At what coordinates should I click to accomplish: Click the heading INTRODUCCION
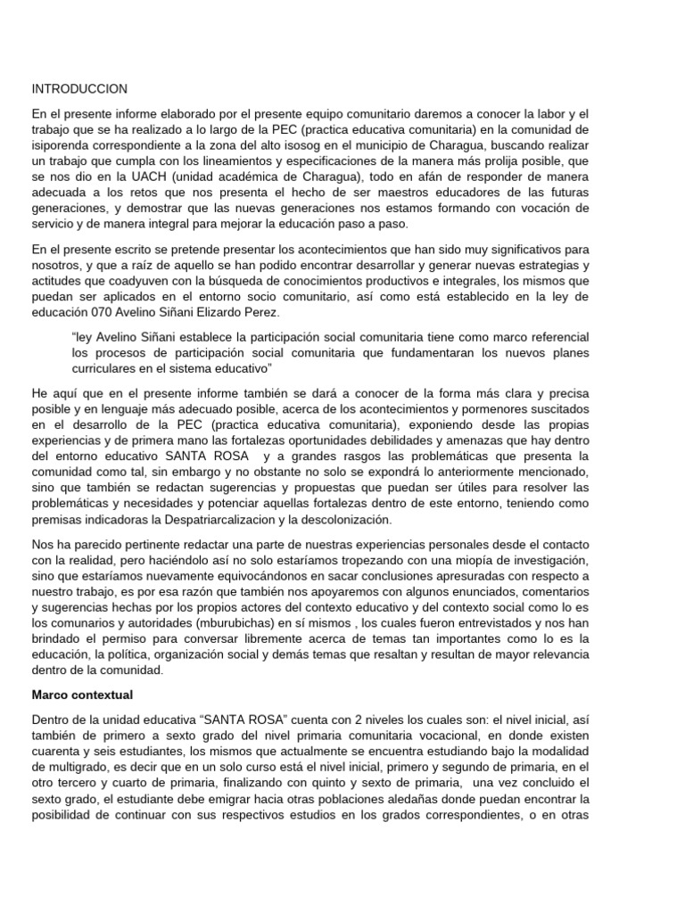click(x=79, y=89)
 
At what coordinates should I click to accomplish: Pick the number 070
click(x=105, y=312)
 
